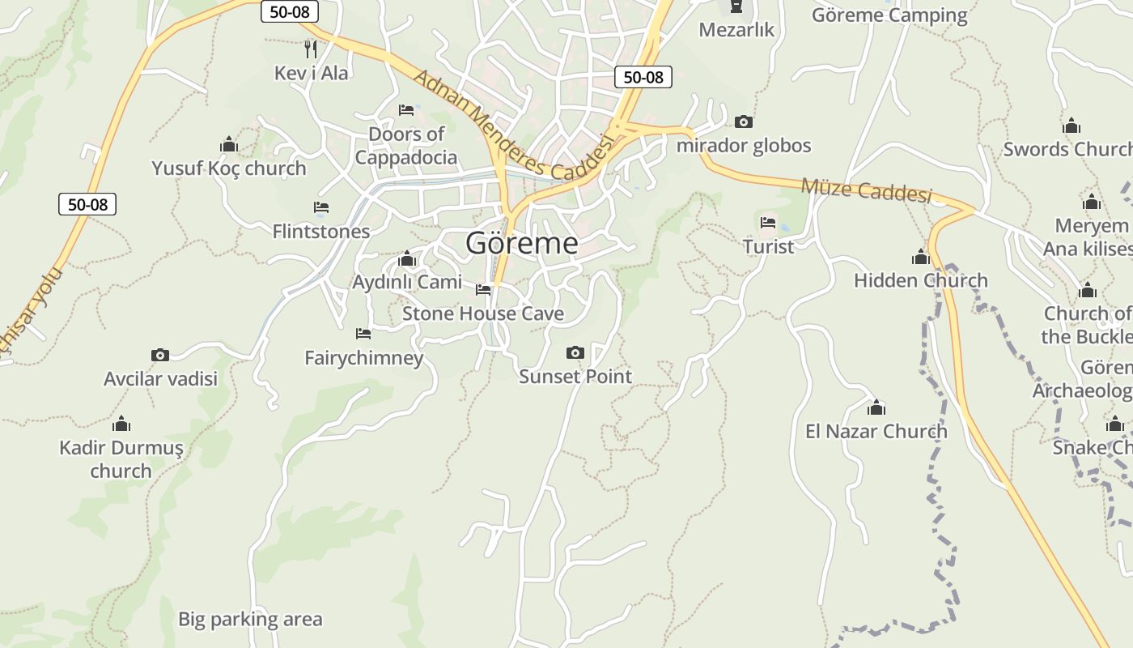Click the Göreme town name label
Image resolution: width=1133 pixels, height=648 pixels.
coord(522,243)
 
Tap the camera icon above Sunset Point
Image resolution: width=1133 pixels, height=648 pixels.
coord(575,352)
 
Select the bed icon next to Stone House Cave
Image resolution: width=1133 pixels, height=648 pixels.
coord(483,289)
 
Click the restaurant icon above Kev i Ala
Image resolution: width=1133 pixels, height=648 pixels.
coord(311,49)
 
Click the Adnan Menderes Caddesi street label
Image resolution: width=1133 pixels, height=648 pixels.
coord(514,126)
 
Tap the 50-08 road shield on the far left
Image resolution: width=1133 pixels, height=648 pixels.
coord(87,204)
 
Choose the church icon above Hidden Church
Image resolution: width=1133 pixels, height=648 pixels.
coord(920,258)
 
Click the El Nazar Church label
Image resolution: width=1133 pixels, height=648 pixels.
coord(876,431)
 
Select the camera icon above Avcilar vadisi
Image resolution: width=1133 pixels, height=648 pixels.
coord(160,355)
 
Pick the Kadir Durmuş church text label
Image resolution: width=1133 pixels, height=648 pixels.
coord(121,459)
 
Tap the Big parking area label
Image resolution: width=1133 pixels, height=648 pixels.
coord(250,620)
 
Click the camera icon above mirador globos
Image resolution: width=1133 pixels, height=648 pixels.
coord(744,122)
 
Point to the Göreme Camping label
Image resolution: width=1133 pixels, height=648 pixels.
coord(889,15)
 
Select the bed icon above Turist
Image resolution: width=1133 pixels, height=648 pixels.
coord(768,222)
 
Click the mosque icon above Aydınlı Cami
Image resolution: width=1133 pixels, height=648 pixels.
coord(407,259)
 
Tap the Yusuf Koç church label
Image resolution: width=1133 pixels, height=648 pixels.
coord(229,168)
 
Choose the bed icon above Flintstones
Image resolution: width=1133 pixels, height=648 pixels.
coord(321,207)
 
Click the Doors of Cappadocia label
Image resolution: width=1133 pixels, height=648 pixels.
coord(406,146)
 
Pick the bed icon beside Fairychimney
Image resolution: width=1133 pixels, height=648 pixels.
coord(363,333)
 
